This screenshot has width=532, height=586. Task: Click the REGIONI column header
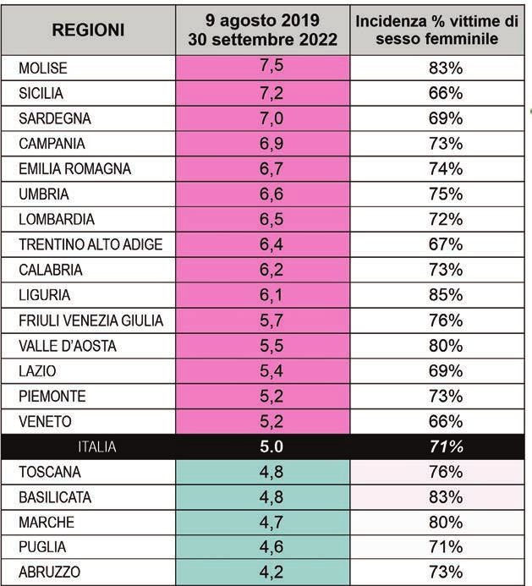(88, 30)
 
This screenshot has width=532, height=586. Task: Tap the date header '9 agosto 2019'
(263, 19)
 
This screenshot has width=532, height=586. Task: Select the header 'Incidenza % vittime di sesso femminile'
(436, 30)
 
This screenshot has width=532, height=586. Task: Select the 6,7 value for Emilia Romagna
(263, 169)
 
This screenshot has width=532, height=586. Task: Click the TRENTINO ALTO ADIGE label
(90, 245)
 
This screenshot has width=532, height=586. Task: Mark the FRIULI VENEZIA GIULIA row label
(91, 320)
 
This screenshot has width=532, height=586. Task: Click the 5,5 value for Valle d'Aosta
(263, 346)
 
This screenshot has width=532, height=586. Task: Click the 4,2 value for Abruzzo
(263, 572)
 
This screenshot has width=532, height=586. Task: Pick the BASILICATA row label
(57, 496)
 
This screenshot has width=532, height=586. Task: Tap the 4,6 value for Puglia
(263, 546)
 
